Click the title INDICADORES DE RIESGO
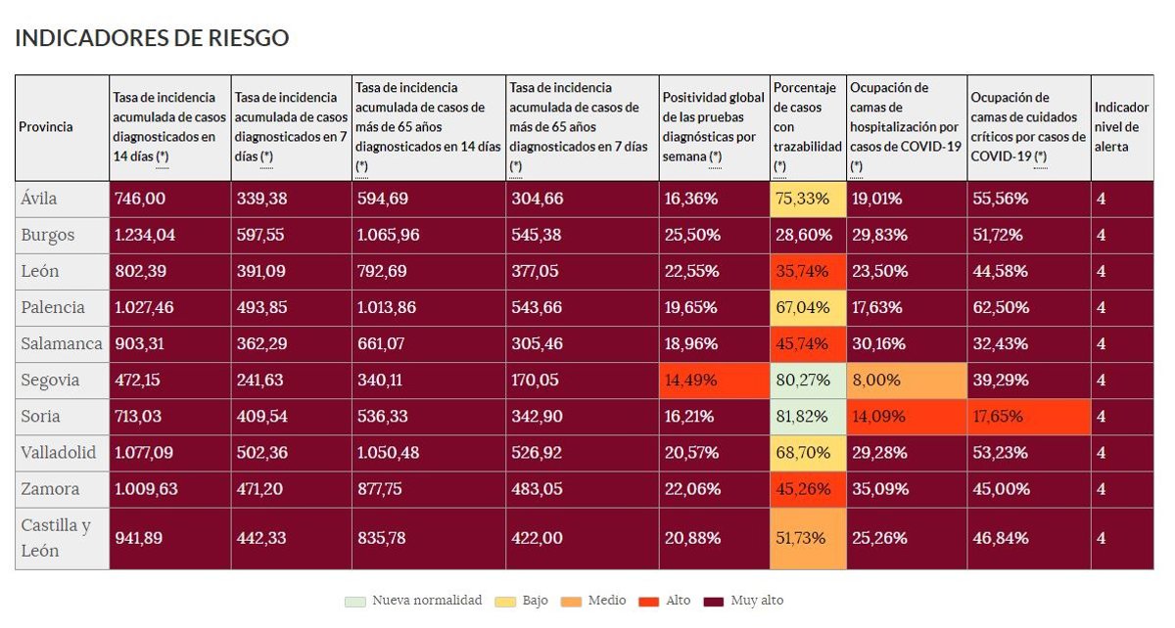(x=152, y=38)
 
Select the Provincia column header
(x=46, y=127)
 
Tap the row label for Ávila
(x=39, y=199)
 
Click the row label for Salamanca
(x=61, y=343)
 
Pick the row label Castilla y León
(x=55, y=538)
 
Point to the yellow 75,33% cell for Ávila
(x=808, y=199)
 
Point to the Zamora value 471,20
(x=264, y=488)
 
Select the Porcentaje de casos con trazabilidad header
(x=807, y=127)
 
